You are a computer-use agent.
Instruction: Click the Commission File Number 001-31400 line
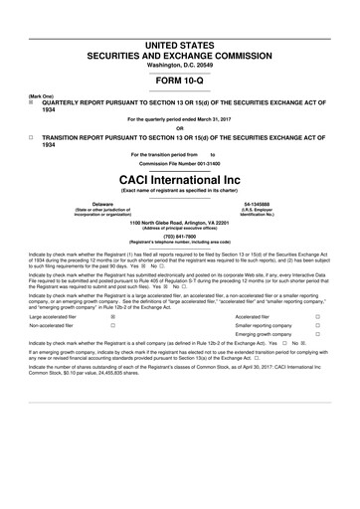[180, 162]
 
